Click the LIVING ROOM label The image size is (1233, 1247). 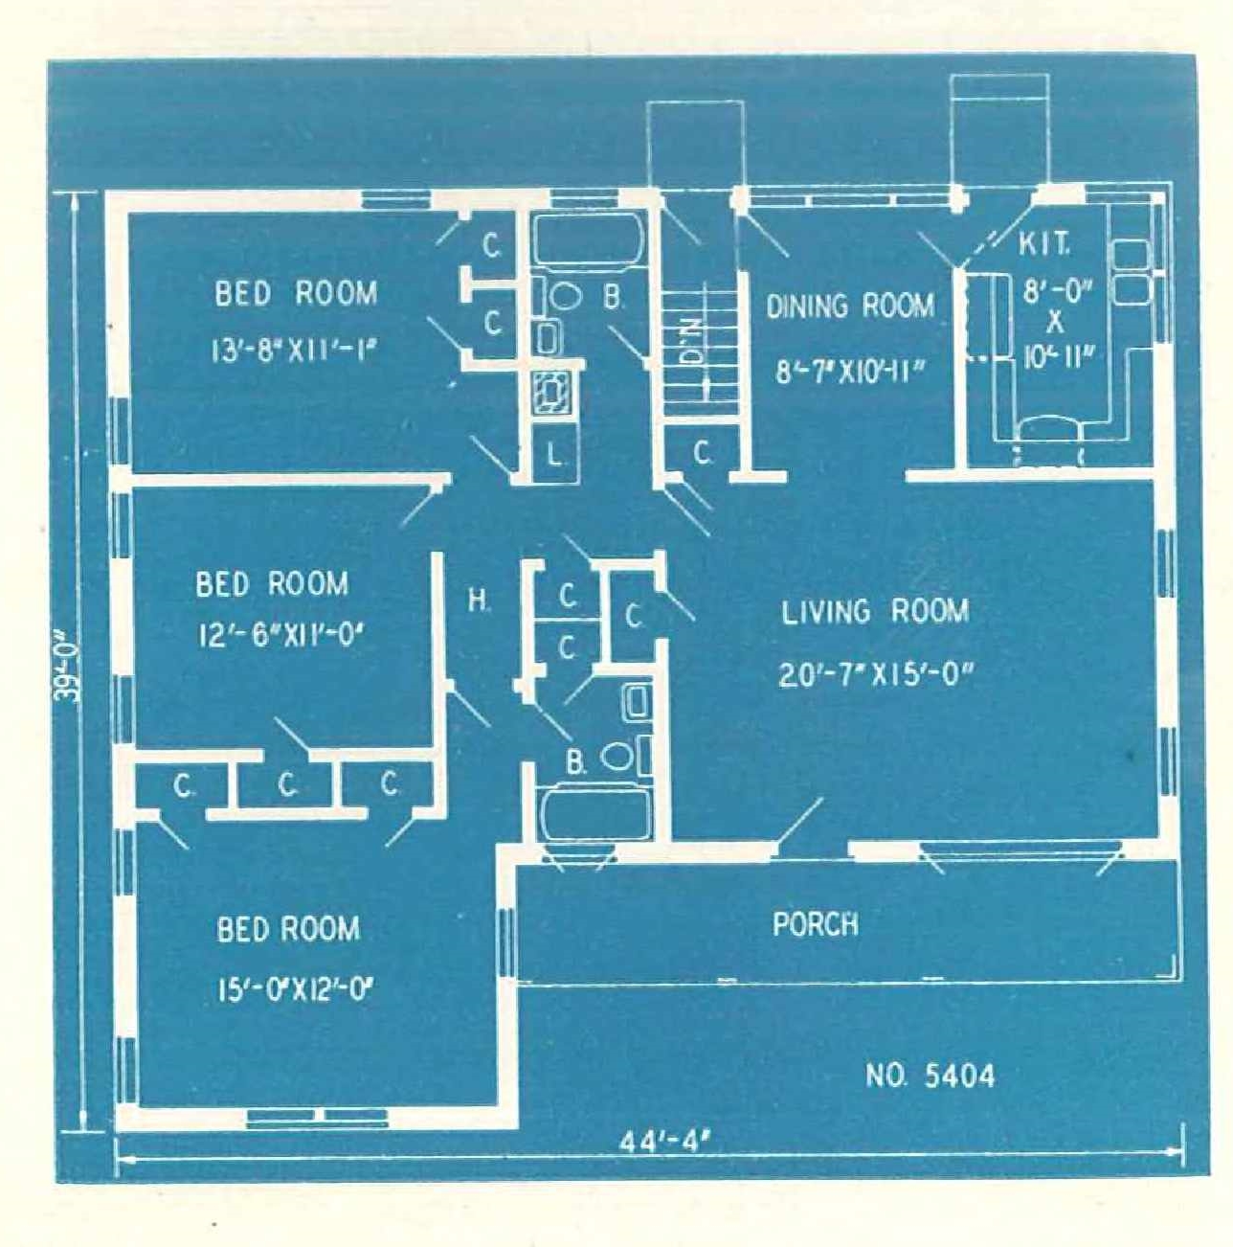click(x=875, y=612)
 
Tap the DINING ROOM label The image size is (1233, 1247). click(x=851, y=306)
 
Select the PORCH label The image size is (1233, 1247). click(x=816, y=924)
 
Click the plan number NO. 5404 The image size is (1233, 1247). click(x=930, y=1076)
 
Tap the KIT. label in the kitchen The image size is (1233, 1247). click(x=1044, y=244)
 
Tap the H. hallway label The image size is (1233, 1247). click(x=479, y=601)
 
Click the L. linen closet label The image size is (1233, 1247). click(x=554, y=456)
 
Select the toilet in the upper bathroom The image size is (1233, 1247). click(x=562, y=298)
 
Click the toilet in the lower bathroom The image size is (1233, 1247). click(x=622, y=757)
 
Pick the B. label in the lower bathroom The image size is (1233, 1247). click(x=575, y=763)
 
